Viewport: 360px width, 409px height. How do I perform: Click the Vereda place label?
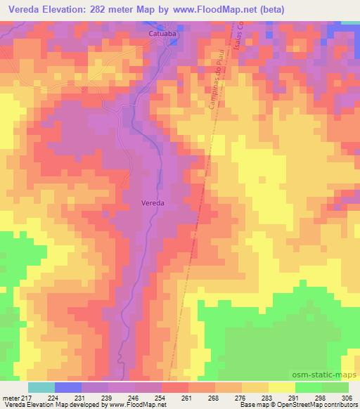153,202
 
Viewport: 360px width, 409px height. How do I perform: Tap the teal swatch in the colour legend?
41,387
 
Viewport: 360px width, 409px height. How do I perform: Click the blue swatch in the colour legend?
68,387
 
